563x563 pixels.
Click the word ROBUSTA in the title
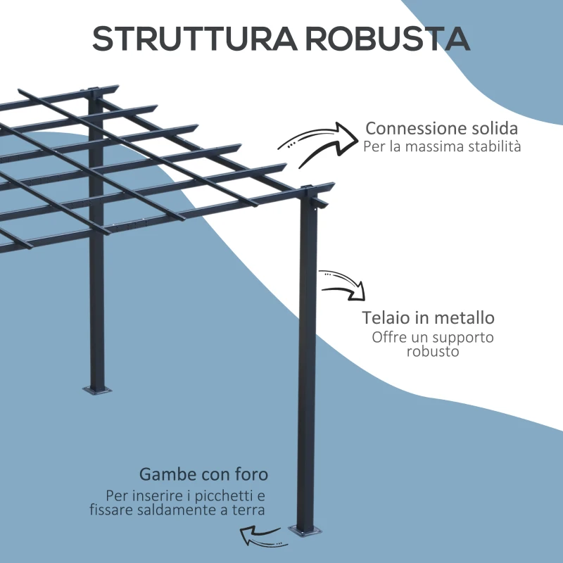(x=387, y=39)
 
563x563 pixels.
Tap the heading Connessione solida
(x=442, y=129)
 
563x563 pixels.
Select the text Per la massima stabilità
(x=442, y=147)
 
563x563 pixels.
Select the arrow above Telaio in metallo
(x=343, y=284)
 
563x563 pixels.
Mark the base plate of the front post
(x=307, y=532)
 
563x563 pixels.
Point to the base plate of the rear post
(x=97, y=389)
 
